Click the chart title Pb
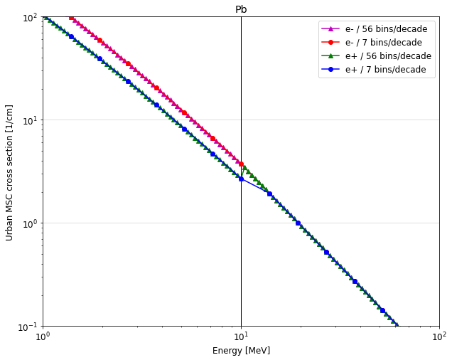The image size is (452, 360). pyautogui.click(x=241, y=9)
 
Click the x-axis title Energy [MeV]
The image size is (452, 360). pyautogui.click(x=241, y=351)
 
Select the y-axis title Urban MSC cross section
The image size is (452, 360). pyautogui.click(x=10, y=172)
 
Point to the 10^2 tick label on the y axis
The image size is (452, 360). pyautogui.click(x=28, y=17)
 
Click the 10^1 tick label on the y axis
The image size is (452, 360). pyautogui.click(x=28, y=120)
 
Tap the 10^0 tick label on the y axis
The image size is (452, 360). pyautogui.click(x=28, y=223)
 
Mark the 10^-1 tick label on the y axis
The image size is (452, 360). pyautogui.click(x=27, y=327)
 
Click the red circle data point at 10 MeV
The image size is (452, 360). pyautogui.click(x=241, y=164)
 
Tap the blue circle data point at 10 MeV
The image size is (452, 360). pyautogui.click(x=241, y=179)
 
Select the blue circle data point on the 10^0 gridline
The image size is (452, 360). pyautogui.click(x=298, y=223)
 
